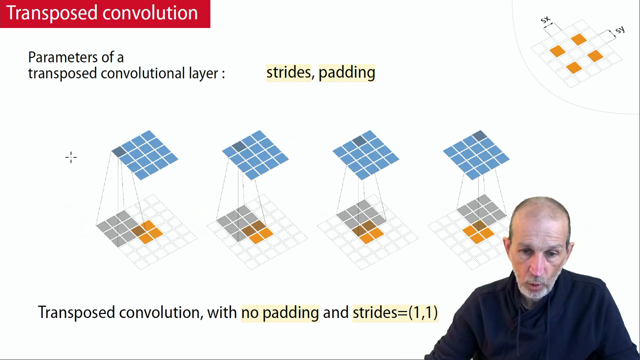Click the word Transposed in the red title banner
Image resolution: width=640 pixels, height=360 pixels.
tap(52, 13)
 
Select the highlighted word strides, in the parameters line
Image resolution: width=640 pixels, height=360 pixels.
tap(288, 72)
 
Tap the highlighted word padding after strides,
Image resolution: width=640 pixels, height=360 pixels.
tap(347, 73)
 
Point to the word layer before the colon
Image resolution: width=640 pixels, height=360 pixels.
tap(203, 73)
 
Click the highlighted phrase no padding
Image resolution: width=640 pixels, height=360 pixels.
tap(280, 312)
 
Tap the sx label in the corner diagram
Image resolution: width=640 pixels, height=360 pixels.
tap(545, 19)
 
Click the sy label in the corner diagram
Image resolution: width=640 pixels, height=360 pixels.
tap(620, 30)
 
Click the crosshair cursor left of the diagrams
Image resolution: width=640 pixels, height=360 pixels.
tap(71, 157)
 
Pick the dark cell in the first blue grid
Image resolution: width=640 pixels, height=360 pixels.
tap(118, 151)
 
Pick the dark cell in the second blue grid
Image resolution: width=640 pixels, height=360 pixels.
tap(239, 146)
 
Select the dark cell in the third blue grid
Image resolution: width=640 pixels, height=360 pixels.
tap(359, 141)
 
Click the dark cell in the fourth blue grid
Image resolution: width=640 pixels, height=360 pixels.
tap(479, 135)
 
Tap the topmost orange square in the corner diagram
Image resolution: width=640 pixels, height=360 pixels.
tap(579, 39)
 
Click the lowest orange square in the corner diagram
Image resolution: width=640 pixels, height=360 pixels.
tap(573, 68)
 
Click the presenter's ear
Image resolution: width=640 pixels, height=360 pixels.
tap(507, 249)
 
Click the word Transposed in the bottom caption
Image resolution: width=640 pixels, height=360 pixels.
tap(76, 312)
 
